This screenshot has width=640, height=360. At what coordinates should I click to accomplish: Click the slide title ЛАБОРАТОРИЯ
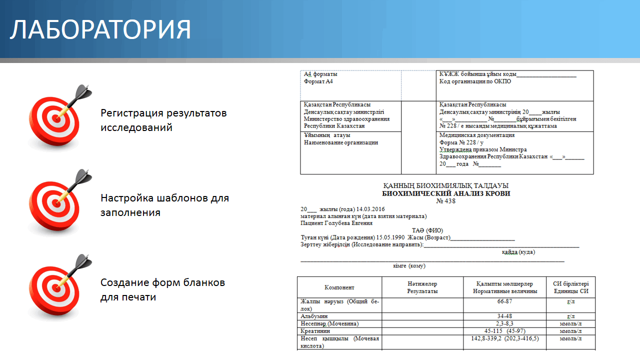(x=100, y=29)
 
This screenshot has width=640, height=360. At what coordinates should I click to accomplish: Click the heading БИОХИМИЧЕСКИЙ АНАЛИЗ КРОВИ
(x=446, y=193)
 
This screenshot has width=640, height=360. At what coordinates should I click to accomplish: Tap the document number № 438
(x=446, y=201)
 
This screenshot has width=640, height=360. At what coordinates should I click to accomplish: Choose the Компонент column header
(x=339, y=287)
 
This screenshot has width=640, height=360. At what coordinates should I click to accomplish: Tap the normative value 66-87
(x=504, y=301)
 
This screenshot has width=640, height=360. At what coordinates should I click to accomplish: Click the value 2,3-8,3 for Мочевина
(x=504, y=324)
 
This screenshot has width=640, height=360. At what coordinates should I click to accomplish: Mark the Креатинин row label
(x=315, y=331)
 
